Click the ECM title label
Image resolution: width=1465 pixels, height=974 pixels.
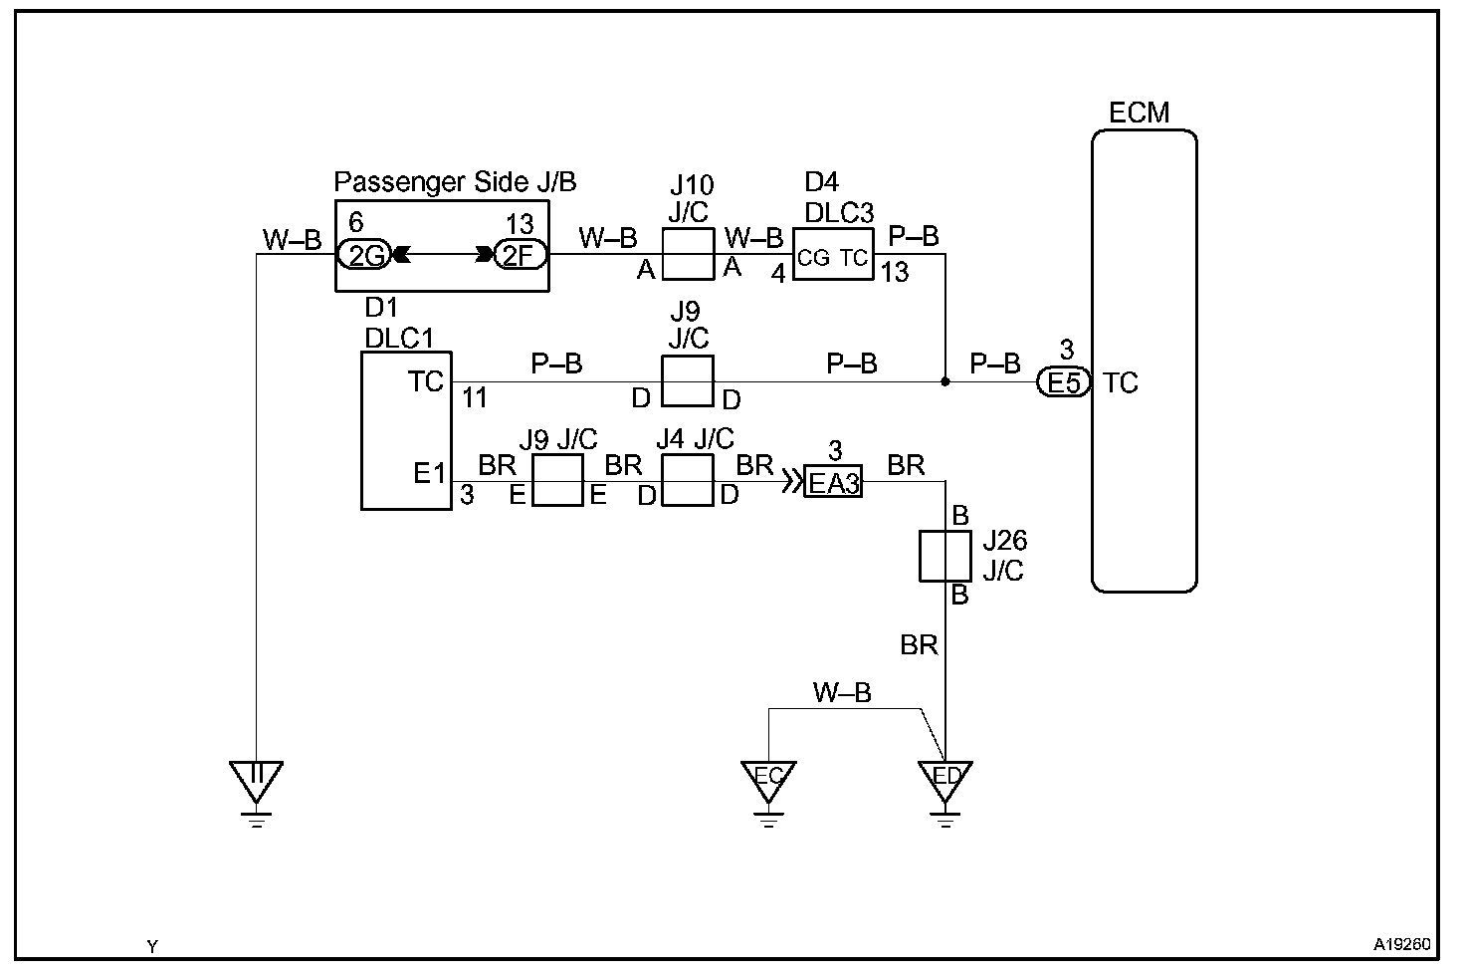point(1140,113)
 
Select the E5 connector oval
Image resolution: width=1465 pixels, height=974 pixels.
point(1064,382)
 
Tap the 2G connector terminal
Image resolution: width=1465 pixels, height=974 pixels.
point(365,256)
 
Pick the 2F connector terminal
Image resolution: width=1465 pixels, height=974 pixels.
point(519,256)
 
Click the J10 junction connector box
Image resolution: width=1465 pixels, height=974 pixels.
point(689,253)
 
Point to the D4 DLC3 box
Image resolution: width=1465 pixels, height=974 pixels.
point(832,257)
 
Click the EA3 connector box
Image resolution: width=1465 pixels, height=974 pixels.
point(833,482)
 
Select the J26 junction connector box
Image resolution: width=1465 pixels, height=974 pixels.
point(943,557)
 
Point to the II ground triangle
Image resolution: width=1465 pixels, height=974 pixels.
point(256,779)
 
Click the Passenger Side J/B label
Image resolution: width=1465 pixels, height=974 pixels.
point(455,182)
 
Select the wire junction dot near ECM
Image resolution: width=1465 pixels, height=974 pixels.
point(944,381)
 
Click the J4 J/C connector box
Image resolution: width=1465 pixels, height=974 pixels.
point(688,480)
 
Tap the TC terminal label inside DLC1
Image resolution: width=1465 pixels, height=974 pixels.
point(425,381)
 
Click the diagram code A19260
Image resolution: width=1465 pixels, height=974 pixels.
point(1403,943)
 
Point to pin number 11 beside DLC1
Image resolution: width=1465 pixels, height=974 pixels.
point(475,398)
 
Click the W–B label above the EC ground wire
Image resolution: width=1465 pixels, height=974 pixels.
point(842,693)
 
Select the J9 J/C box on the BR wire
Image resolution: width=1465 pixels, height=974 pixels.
point(557,480)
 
